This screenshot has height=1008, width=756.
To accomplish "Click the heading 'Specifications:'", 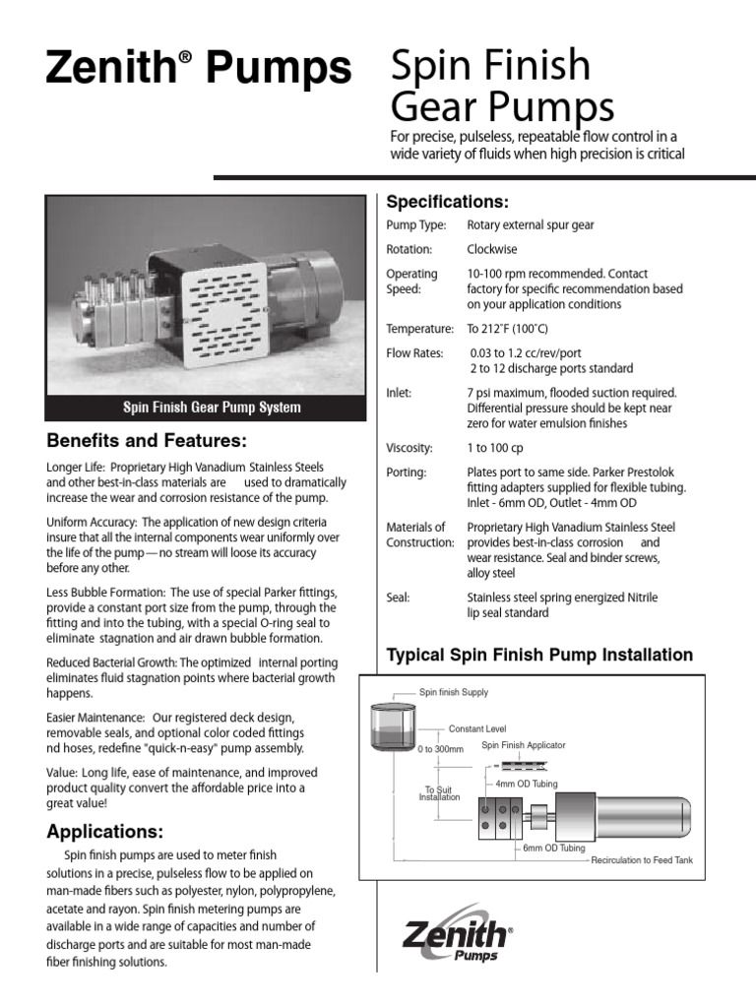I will [447, 202].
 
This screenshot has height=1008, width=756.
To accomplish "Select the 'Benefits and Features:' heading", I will [147, 439].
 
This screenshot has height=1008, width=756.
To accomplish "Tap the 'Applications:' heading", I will [105, 832].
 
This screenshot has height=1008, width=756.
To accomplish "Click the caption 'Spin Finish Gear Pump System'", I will [211, 408].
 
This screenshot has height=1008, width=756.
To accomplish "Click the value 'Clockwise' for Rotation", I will [491, 250].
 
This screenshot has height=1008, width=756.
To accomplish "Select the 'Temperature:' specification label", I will [419, 329].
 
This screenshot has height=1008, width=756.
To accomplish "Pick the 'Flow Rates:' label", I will [414, 353].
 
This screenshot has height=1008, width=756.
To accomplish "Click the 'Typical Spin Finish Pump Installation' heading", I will [539, 655].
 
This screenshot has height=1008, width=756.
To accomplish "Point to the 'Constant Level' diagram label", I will [477, 728].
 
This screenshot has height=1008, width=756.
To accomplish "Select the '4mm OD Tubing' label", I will [528, 784].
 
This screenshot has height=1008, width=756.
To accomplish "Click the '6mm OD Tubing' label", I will [554, 848].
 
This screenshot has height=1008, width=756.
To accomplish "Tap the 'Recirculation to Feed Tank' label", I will [642, 860].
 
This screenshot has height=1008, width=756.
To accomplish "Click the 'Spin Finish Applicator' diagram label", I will [523, 745].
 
